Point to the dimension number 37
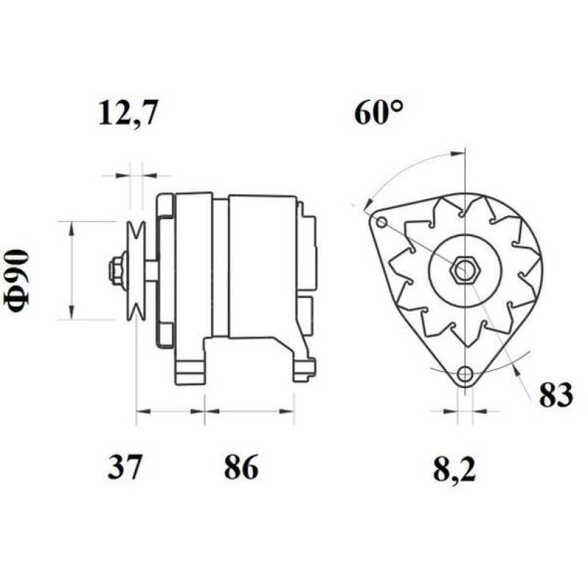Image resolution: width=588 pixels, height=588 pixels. tap(124, 467)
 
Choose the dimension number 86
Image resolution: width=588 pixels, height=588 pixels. tap(240, 467)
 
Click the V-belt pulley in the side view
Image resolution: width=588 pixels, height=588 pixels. tap(135, 270)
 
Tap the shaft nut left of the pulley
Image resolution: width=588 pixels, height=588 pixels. tap(115, 270)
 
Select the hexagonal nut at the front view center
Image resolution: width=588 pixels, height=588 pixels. tap(464, 270)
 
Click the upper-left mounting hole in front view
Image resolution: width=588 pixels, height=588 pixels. tap(381, 223)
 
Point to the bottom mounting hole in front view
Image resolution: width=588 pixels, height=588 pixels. tap(464, 375)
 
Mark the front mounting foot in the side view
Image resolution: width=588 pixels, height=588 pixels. tap(189, 364)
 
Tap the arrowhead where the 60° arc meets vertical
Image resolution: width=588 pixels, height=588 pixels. tap(459, 154)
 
